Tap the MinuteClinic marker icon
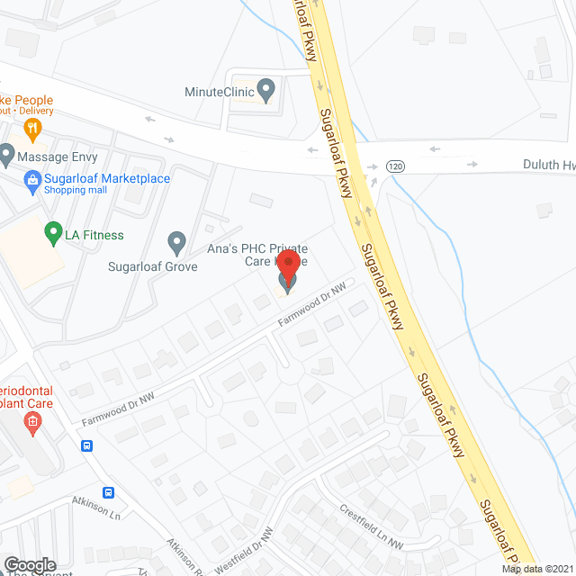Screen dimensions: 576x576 pos(265,90)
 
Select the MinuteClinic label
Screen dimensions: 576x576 pos(219,91)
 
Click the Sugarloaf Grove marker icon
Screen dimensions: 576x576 pos(176,241)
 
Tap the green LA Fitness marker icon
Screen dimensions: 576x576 pos(52,234)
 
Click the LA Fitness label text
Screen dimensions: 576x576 pos(94,236)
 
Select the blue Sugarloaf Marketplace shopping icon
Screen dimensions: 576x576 pos(33,179)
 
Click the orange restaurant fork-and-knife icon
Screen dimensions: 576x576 pos(33,127)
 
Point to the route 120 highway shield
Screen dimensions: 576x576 pos(395,166)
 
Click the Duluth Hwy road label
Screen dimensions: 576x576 pos(548,166)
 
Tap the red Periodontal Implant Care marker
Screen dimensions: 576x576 pos(33,422)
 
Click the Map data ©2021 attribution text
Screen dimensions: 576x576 pos(537,569)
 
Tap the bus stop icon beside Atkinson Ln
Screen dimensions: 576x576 pos(108,492)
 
